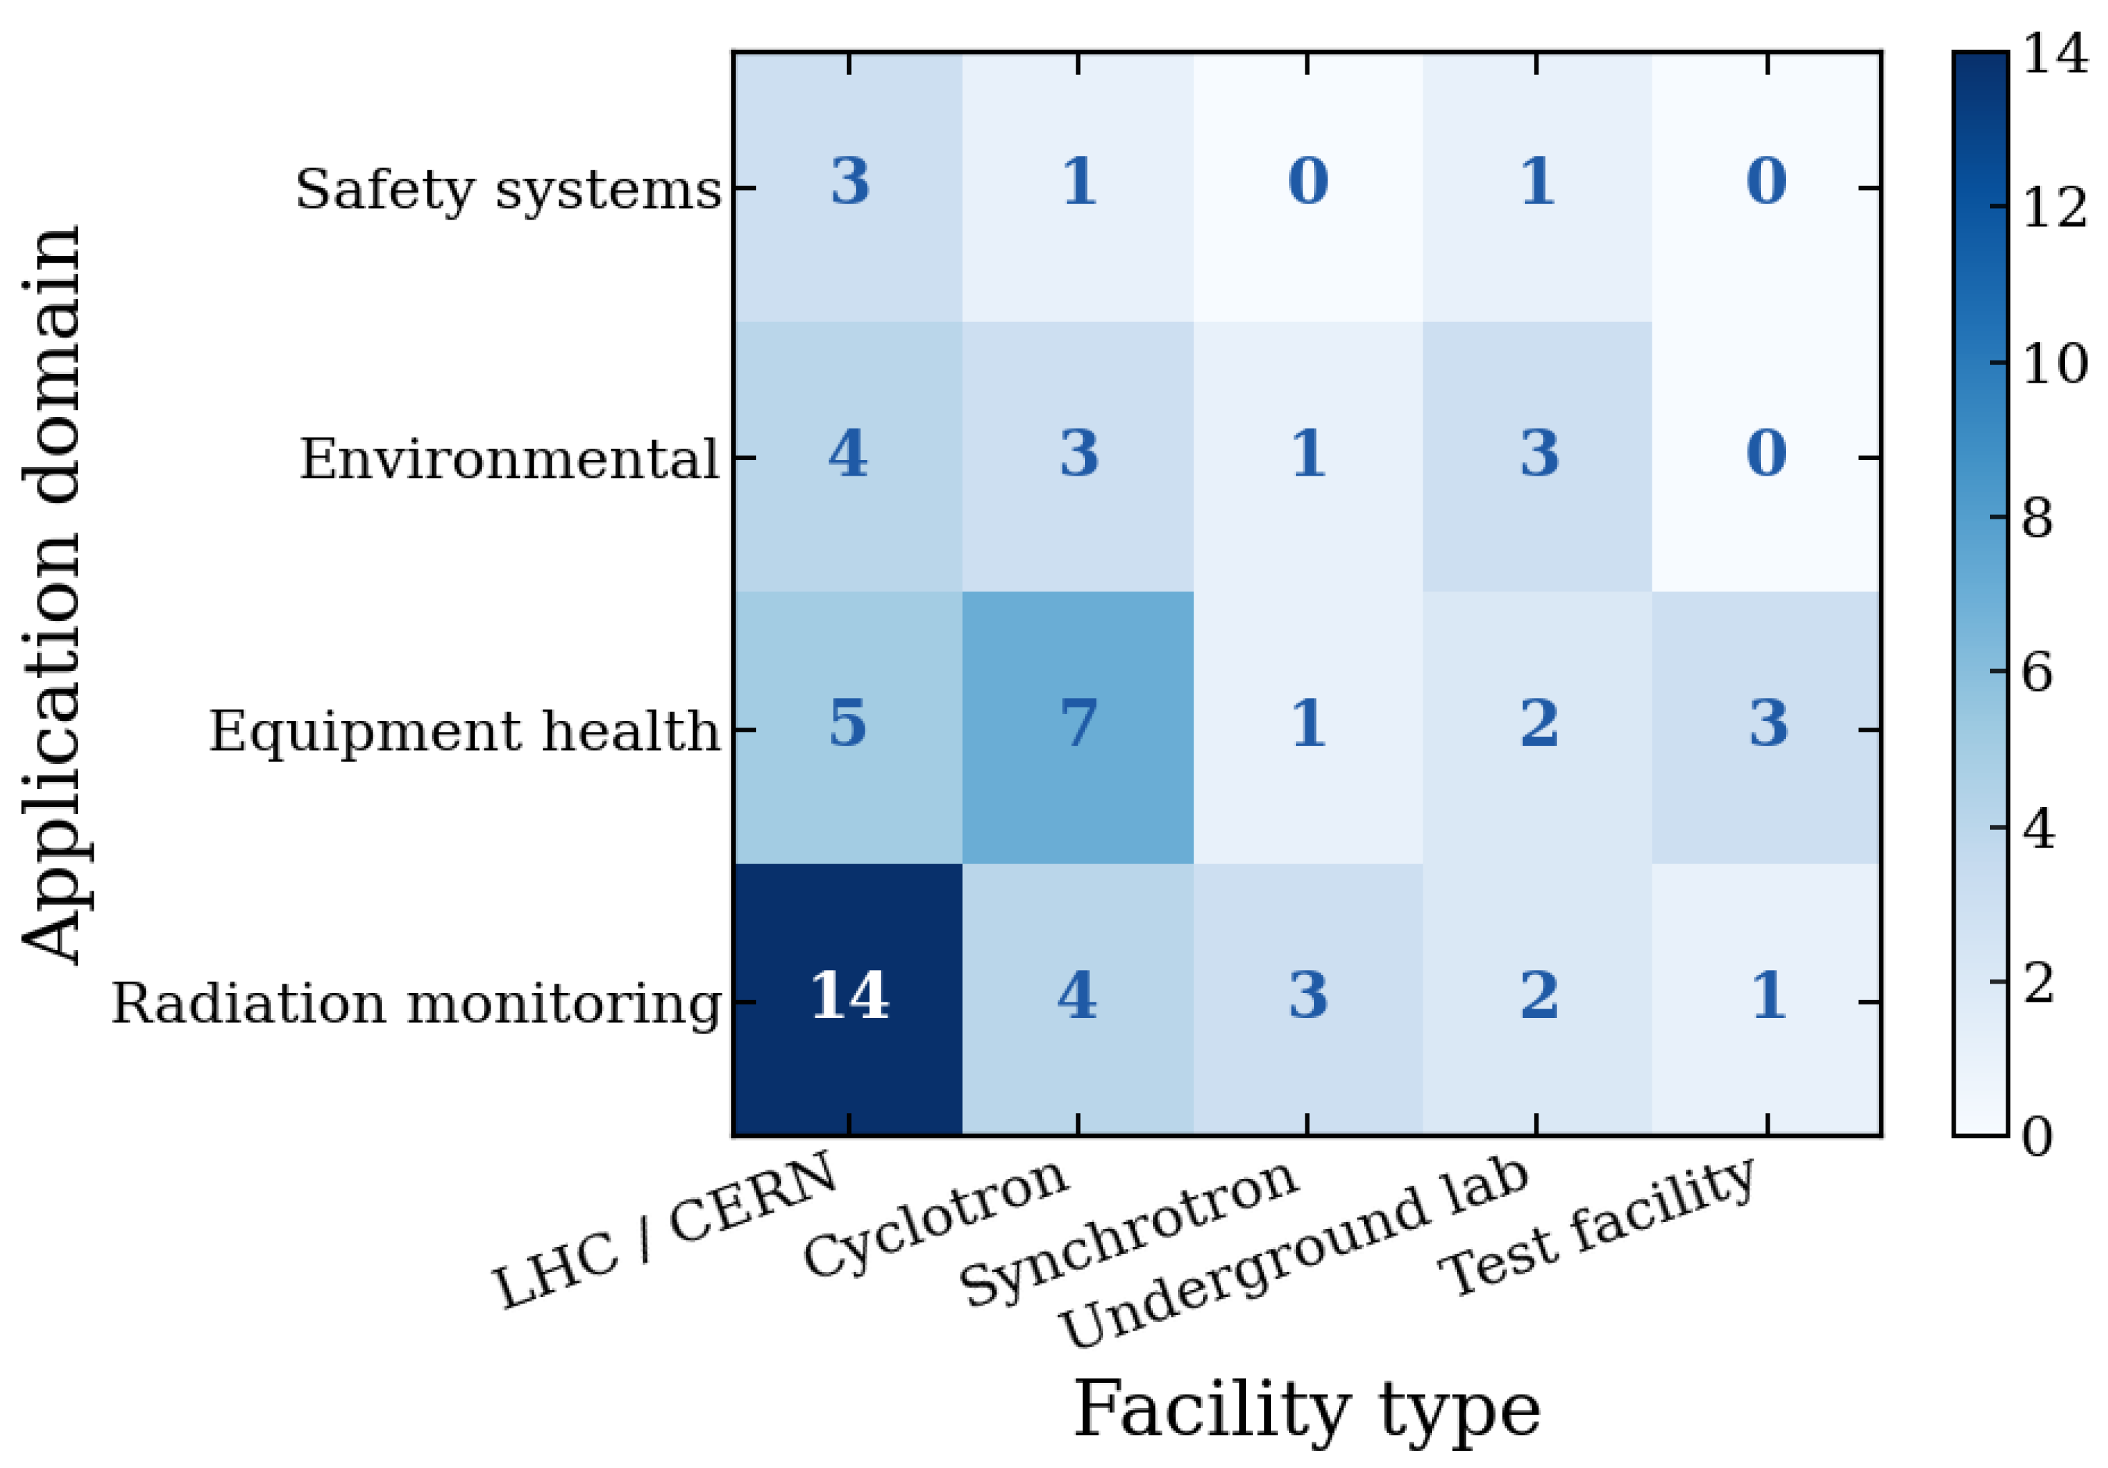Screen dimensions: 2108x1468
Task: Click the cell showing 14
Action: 848,999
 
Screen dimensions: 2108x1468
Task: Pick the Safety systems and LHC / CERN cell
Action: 848,187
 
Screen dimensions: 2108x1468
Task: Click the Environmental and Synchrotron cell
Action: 1307,457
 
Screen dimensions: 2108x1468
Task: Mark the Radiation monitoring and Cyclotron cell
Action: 1078,999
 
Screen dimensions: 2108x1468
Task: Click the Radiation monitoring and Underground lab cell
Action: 1537,999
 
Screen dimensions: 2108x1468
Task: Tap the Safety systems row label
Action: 507,190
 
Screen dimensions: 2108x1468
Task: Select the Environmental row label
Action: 509,458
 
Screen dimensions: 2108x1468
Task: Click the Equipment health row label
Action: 464,731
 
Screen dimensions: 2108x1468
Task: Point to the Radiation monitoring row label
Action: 416,1002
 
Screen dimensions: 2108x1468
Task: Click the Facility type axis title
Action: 1307,1410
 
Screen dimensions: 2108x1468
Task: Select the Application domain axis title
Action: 53,594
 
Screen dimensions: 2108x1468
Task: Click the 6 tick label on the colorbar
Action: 2037,673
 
